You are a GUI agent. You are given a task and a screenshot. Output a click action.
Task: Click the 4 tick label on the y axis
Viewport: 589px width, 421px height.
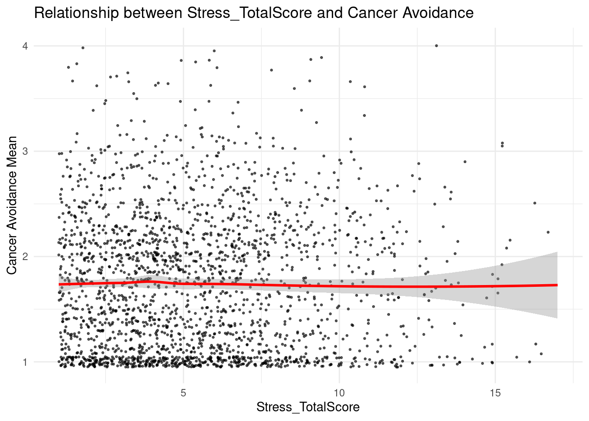25,46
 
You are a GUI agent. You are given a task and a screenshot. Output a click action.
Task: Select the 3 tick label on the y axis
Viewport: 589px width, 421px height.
25,151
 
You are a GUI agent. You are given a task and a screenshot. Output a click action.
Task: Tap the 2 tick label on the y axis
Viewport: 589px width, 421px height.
25,257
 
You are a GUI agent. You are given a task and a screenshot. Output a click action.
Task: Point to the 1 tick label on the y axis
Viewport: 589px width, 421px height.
25,362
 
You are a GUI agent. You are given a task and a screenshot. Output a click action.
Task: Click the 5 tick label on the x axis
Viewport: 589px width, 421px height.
183,392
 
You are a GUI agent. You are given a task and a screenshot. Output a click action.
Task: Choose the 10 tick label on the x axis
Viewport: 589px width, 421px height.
339,392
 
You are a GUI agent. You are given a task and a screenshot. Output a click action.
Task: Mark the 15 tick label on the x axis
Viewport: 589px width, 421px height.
495,392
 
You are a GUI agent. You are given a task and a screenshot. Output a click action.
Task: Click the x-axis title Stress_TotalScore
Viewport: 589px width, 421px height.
308,407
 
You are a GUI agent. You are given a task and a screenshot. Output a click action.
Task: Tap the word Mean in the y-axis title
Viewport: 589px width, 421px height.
12,151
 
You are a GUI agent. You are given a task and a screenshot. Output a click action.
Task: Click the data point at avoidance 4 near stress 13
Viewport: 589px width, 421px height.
436,46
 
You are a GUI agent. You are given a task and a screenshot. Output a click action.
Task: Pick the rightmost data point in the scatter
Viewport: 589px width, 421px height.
548,232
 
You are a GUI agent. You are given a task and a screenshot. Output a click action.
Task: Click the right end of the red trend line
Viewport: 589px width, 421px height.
556,285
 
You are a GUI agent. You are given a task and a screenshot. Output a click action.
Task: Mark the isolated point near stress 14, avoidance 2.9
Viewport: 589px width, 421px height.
465,161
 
